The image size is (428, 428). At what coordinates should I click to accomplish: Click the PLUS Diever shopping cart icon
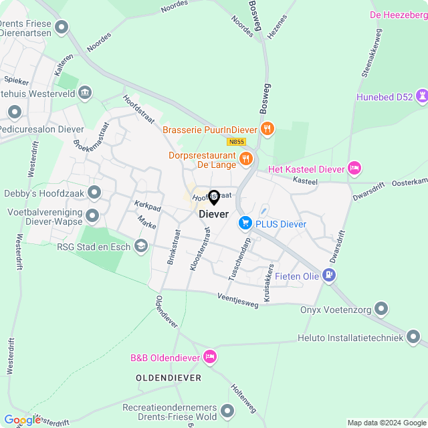pyautogui.click(x=245, y=223)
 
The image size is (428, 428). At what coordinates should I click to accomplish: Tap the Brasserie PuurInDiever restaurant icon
pyautogui.click(x=267, y=128)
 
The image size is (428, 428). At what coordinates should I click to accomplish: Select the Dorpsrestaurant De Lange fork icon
pyautogui.click(x=246, y=158)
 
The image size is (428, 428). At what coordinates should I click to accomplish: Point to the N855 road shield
pyautogui.click(x=236, y=142)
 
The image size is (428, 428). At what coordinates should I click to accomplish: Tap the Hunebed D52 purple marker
pyautogui.click(x=422, y=96)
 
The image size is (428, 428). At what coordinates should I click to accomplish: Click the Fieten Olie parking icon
pyautogui.click(x=328, y=274)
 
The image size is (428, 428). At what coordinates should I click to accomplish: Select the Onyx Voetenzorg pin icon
pyautogui.click(x=381, y=308)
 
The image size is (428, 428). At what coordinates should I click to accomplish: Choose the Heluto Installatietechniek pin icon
pyautogui.click(x=414, y=338)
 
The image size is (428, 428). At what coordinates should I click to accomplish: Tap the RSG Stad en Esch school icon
pyautogui.click(x=141, y=247)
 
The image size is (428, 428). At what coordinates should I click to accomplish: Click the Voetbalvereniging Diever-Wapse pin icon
pyautogui.click(x=92, y=215)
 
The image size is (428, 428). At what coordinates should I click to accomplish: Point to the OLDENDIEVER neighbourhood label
pyautogui.click(x=169, y=378)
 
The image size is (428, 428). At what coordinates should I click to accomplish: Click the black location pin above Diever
pyautogui.click(x=214, y=197)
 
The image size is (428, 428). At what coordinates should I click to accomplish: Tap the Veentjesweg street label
pyautogui.click(x=237, y=300)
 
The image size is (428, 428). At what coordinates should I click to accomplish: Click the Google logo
pyautogui.click(x=21, y=420)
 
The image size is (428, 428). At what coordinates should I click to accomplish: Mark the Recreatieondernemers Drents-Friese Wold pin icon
pyautogui.click(x=228, y=410)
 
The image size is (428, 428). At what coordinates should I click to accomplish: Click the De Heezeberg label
pyautogui.click(x=398, y=13)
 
